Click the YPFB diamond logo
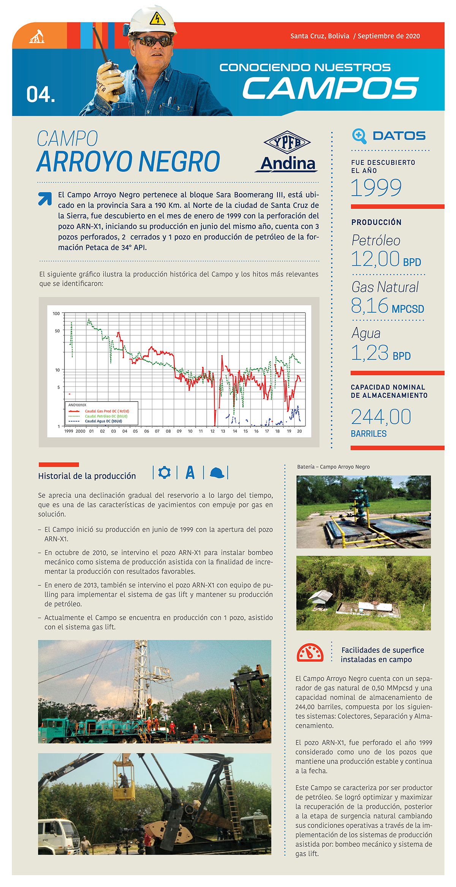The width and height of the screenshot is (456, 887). coord(287,142)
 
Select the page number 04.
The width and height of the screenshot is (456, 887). coord(41,95)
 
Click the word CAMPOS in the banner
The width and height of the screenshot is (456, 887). coord(331,88)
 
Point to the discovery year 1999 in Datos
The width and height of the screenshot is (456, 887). coord(375,188)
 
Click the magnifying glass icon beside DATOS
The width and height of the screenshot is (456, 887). coord(359,136)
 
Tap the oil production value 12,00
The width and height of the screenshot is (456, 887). coord(375,259)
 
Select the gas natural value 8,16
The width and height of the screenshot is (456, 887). coord(370,306)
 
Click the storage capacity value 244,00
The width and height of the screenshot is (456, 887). coord(381,417)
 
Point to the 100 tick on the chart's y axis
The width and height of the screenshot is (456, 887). coord(56,313)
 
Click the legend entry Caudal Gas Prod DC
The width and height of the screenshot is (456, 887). coord(107,411)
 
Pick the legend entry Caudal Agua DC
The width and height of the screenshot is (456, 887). coord(103,421)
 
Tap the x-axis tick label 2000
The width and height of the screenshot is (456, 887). coord(80,431)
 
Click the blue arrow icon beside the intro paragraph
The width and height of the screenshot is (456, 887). coord(45,198)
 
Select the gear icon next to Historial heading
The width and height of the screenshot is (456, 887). coord(165,473)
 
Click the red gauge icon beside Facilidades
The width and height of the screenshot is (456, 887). coord(310,653)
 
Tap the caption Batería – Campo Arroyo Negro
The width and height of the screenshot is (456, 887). coord(333,467)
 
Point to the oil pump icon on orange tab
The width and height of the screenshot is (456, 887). coord(37,37)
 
